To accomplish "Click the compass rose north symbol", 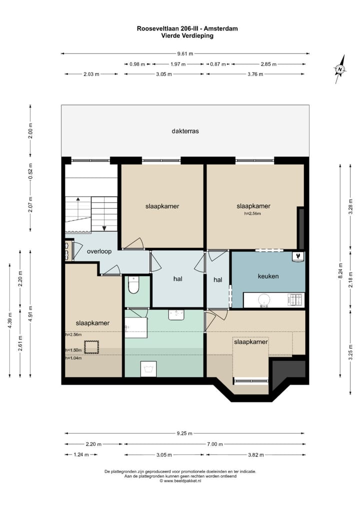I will coord(340,69).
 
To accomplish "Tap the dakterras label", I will coord(185,131).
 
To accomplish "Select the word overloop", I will coord(99,251).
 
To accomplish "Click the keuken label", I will coord(268,276).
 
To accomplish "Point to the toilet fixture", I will coord(133,286).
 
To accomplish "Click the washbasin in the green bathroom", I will coord(176,314).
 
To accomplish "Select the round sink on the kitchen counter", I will coord(263,300).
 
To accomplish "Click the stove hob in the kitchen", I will coord(295,300).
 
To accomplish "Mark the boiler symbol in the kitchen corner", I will coord(298,256).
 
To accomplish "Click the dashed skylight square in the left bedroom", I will coord(91,346).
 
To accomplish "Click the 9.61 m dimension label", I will coord(185,53).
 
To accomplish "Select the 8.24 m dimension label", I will coord(340,273).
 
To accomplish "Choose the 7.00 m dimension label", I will coord(214,444).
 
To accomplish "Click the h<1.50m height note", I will coord(73,350).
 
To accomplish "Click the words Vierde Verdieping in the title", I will coord(187,36).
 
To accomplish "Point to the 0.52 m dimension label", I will coord(30,171).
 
